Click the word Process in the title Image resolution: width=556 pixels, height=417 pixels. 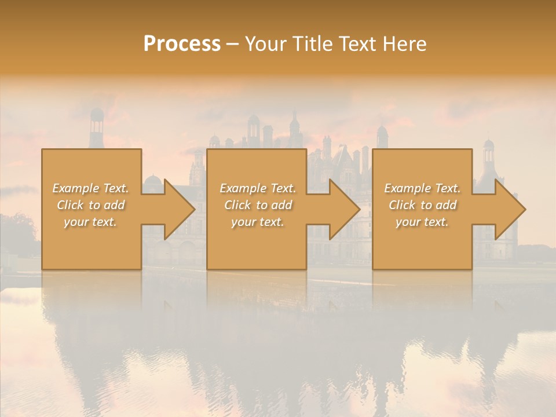(x=182, y=44)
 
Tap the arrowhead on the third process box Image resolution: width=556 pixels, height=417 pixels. (x=509, y=209)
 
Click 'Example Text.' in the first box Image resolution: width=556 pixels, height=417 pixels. (x=91, y=188)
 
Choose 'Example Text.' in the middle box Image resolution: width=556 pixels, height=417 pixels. (x=258, y=188)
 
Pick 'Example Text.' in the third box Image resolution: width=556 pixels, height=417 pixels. (x=422, y=188)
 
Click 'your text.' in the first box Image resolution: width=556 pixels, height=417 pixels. (x=90, y=222)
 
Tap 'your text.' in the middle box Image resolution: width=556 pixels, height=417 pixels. (x=258, y=222)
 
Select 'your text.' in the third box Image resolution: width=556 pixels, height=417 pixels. (x=422, y=222)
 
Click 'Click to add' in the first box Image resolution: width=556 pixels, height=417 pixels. (x=91, y=205)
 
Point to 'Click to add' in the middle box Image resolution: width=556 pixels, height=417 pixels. (x=258, y=205)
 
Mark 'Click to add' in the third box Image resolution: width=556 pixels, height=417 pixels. (x=422, y=205)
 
